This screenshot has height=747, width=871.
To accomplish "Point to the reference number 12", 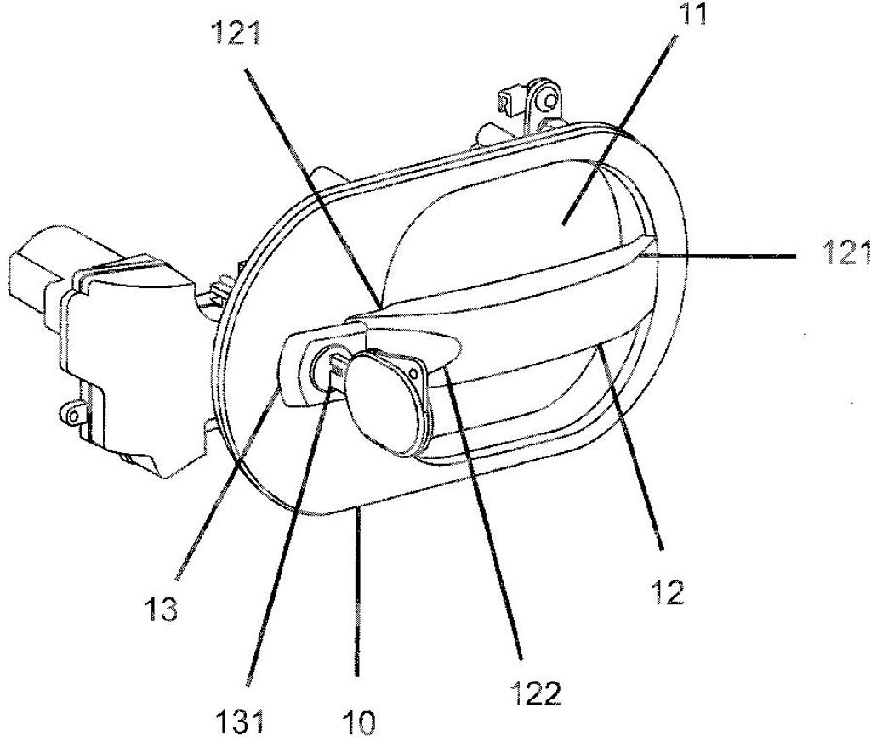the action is click(x=667, y=592).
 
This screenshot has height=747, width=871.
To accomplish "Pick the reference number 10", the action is click(x=358, y=722).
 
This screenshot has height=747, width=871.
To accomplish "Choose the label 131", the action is click(x=239, y=722).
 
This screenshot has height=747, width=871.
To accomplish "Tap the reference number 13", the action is click(x=161, y=608).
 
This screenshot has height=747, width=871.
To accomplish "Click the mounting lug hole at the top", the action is click(x=549, y=102).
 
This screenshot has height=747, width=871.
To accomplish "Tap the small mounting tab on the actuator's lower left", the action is click(x=71, y=414).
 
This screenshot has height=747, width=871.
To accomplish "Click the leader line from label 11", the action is click(x=619, y=130).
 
